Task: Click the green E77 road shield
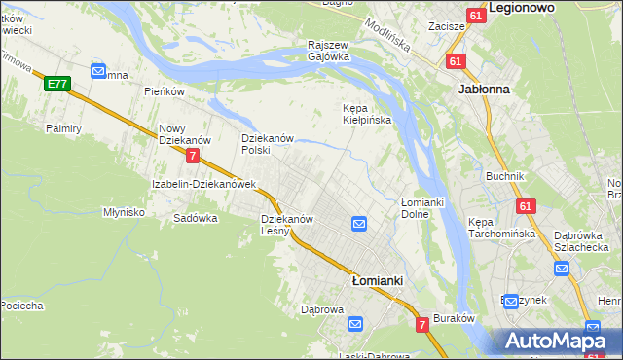(x=56, y=85)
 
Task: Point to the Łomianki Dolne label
(x=422, y=207)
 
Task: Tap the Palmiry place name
(x=62, y=127)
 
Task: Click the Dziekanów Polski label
(x=268, y=144)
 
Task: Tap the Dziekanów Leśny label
(x=287, y=225)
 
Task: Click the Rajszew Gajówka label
(x=328, y=51)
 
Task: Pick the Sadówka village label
(x=195, y=218)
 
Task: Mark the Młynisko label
(x=124, y=211)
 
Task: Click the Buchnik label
(x=505, y=176)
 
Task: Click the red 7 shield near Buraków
(x=422, y=324)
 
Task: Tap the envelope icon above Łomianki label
(x=358, y=225)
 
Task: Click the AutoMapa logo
(x=557, y=342)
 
